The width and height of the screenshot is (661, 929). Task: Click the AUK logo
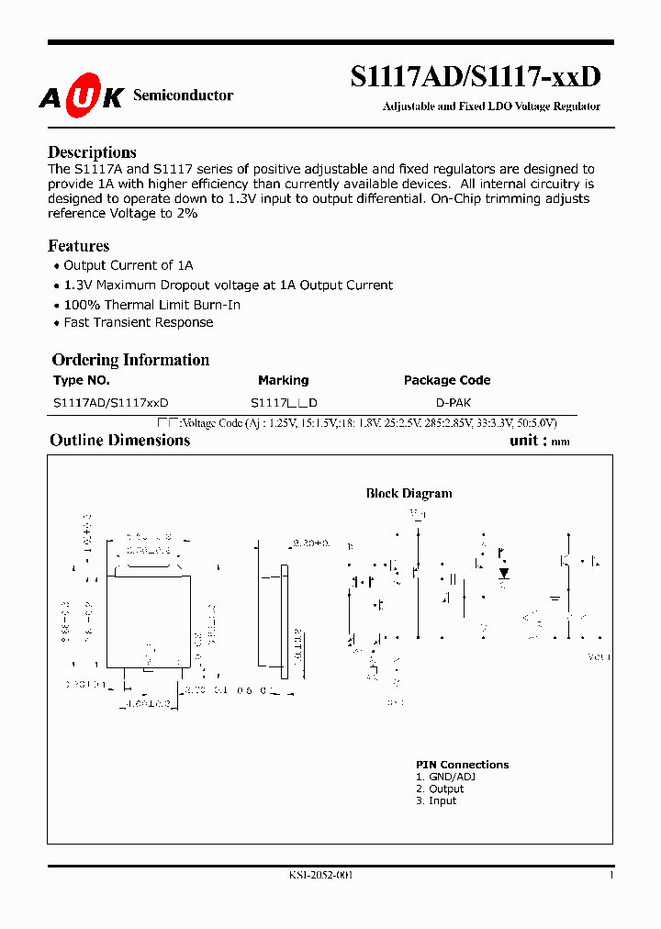81,95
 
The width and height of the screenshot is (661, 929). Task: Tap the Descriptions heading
92,152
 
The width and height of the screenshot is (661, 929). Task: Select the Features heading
78,246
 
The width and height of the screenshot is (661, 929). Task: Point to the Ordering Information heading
130,360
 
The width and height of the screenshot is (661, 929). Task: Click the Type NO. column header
82,380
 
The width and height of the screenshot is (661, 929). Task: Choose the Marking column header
284,380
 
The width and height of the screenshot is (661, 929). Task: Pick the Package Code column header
447,380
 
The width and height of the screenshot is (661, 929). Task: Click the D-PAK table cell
454,403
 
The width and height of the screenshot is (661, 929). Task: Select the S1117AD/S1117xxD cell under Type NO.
111,403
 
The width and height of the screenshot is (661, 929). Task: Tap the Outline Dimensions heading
119,440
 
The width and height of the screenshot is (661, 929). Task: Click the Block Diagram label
409,493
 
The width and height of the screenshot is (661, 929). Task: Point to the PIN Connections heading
462,765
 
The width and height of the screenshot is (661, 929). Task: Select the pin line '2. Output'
440,789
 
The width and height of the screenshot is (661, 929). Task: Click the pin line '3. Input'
436,800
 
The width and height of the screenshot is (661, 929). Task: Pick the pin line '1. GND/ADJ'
445,777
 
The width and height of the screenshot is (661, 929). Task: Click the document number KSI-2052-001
320,875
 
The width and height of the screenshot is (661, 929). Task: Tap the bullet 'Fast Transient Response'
138,322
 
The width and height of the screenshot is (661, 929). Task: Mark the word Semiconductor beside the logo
184,95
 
